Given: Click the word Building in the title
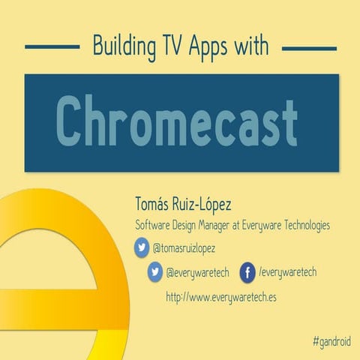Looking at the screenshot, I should pyautogui.click(x=121, y=46).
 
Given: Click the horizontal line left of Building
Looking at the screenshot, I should pyautogui.click(x=52, y=46).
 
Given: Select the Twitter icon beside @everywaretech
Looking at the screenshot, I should pyautogui.click(x=155, y=272).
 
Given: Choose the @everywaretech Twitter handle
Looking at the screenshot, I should pyautogui.click(x=197, y=272).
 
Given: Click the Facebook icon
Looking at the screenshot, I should pyautogui.click(x=247, y=272).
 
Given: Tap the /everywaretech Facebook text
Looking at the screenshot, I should pyautogui.click(x=287, y=272).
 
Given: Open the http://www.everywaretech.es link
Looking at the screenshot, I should pyautogui.click(x=221, y=297).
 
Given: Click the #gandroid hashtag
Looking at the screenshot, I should pyautogui.click(x=332, y=341).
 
